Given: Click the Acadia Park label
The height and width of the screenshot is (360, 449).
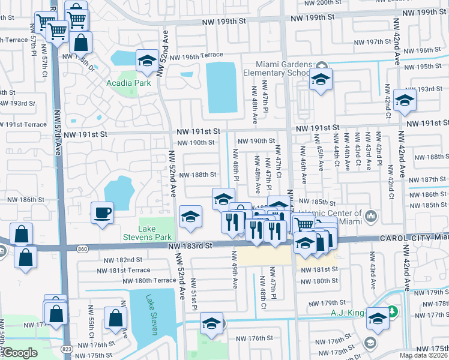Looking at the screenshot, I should click(128, 83).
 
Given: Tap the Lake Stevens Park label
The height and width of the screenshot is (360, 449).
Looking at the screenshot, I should click(155, 233).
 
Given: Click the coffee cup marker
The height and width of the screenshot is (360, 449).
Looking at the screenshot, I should click(102, 212).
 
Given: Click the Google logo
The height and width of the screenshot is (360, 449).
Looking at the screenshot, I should click(20, 353).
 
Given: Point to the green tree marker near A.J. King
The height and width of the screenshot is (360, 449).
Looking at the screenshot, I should click(391, 312).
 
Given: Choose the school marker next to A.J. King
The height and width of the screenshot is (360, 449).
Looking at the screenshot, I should click(378, 319).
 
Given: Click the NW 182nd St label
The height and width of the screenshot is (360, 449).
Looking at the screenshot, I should click(123, 260).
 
